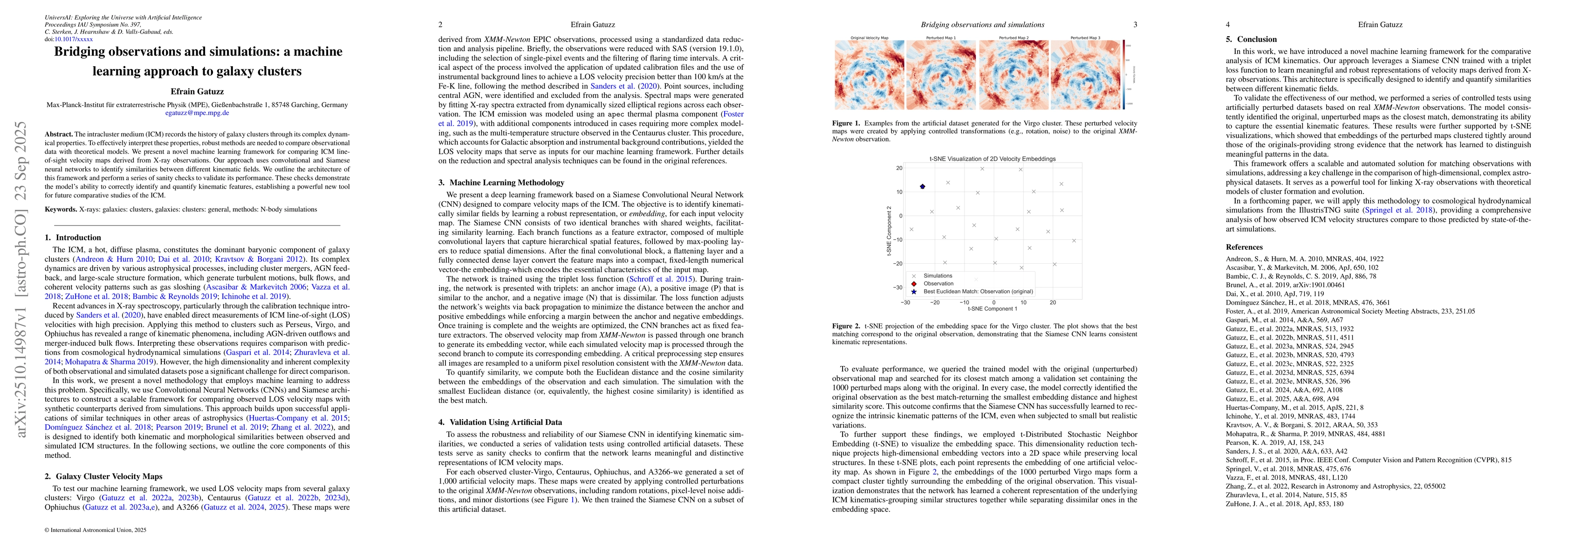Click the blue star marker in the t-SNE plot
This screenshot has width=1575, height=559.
tap(923, 186)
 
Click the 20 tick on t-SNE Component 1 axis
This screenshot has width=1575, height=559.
tap(1053, 302)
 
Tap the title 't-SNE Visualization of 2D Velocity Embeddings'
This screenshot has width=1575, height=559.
tap(993, 159)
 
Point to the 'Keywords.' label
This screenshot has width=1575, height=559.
tap(61, 210)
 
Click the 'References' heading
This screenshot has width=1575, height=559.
tap(1244, 247)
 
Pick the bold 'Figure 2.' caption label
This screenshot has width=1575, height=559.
tap(846, 326)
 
